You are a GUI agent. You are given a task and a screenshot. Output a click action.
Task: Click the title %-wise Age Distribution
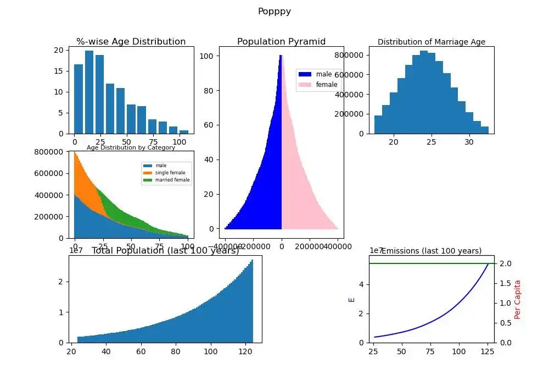[131, 42]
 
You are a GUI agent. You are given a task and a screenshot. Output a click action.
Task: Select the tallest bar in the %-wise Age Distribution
[89, 92]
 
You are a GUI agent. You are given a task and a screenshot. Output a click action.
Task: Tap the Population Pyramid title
[281, 42]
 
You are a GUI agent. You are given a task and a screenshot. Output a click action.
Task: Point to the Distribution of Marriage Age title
[432, 42]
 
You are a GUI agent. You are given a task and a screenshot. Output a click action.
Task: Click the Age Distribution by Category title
[131, 147]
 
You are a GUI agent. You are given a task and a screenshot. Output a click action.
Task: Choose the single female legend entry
[170, 173]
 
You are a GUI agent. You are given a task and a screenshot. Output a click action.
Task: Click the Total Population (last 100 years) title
[165, 251]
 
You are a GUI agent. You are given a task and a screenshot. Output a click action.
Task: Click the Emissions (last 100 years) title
[432, 251]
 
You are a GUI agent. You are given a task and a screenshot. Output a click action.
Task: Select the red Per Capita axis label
[517, 300]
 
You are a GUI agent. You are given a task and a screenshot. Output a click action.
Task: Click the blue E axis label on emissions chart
[352, 300]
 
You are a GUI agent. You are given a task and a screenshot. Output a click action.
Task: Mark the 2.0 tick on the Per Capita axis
[505, 263]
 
